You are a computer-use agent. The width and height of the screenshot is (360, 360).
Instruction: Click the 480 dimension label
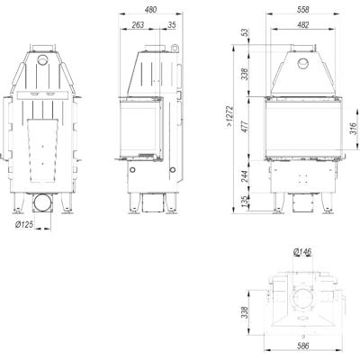coord(150,10)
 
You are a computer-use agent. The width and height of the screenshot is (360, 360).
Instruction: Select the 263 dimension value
coord(138,25)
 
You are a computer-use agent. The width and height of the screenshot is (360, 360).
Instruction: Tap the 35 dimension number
coord(172,25)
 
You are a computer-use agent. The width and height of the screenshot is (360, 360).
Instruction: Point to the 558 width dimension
coord(303,10)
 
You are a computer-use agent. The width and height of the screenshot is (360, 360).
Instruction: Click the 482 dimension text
coord(303,25)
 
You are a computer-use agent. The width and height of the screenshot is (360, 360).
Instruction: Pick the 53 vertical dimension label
coord(246,32)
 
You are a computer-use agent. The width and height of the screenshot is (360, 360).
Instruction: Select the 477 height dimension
coord(246,127)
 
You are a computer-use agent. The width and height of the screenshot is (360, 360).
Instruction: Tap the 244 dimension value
coord(246,176)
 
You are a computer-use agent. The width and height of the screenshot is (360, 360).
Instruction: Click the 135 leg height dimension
coord(246,202)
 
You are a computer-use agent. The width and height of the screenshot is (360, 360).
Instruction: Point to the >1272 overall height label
coord(229,116)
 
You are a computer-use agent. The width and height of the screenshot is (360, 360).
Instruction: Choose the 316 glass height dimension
coord(354,129)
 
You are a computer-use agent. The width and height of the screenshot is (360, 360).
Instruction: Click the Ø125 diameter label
coord(24,224)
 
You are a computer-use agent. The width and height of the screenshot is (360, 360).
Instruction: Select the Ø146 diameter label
coord(302,251)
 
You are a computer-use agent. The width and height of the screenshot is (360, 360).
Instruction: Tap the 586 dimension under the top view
coord(303,346)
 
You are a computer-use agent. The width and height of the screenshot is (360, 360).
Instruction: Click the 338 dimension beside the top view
coord(246,312)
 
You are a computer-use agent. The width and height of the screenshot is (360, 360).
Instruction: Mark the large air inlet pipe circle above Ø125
coord(42,203)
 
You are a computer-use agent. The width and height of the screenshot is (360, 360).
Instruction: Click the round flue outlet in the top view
coord(303,301)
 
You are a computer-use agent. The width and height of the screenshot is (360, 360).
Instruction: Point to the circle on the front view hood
coord(302,63)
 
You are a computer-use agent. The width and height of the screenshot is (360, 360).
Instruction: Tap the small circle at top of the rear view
coord(42,59)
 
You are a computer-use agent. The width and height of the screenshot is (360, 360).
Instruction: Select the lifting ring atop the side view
coord(175,48)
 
